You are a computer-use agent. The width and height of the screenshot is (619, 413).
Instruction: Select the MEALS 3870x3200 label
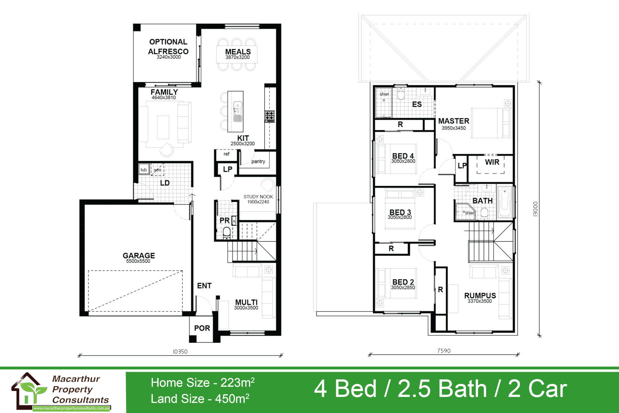coord(238,54)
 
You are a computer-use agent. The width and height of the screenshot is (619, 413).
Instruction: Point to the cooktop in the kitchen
coord(270,116)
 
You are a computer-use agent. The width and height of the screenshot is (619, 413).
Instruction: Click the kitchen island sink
coord(238,105)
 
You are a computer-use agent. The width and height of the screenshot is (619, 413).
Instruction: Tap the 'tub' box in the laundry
coord(144,170)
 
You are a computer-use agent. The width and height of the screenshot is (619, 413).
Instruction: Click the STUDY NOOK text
coord(258,197)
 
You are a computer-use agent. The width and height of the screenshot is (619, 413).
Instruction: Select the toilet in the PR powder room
coord(227,231)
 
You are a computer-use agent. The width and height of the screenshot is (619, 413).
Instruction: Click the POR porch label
coord(202,328)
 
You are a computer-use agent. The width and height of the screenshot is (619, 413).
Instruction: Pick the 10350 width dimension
coord(180,351)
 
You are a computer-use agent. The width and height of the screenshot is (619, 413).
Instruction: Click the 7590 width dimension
coord(444,351)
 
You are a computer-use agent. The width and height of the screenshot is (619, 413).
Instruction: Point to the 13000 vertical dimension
coord(535,209)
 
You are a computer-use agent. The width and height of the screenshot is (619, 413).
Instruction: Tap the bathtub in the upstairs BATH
coord(504,202)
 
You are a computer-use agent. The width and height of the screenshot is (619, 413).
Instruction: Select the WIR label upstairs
coord(492,162)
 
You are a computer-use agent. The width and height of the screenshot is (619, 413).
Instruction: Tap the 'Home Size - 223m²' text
coord(203,382)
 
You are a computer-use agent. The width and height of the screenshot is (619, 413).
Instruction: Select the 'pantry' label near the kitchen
coord(258,161)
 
